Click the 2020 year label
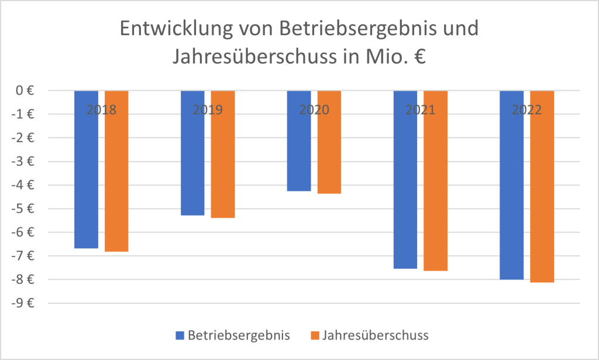(314, 109)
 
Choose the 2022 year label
(527, 109)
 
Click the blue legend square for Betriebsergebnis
(180, 335)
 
